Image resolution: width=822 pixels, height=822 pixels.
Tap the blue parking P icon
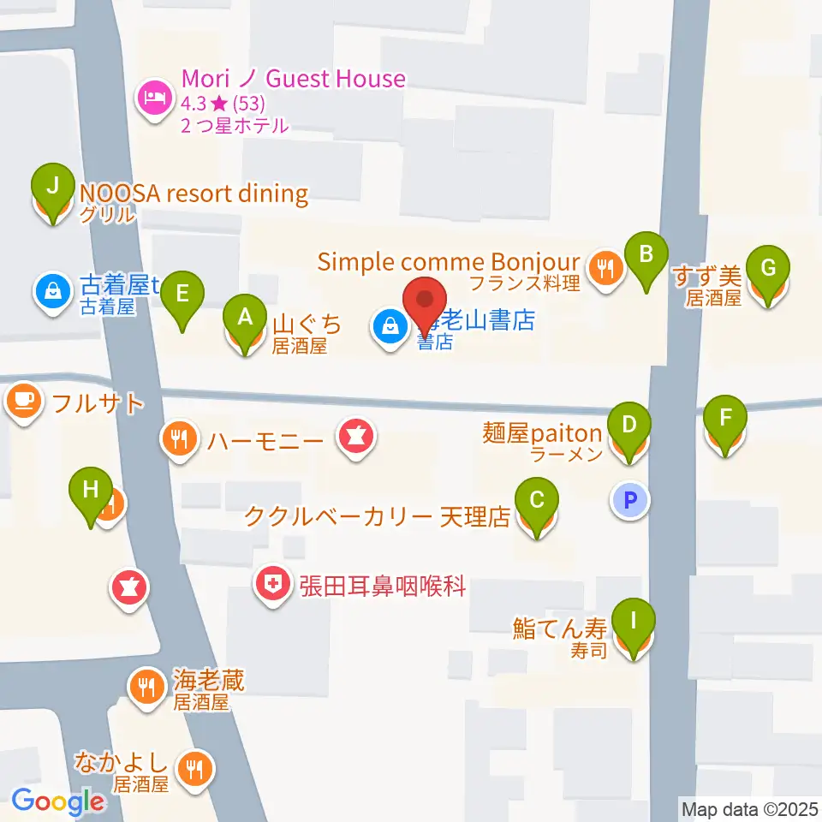tap(631, 501)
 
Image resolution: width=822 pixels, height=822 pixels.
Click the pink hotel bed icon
tap(154, 98)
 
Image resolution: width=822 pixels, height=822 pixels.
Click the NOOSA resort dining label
tap(194, 194)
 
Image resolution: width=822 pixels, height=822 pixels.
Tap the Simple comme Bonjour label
tap(448, 261)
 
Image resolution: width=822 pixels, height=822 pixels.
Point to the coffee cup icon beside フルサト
tap(25, 401)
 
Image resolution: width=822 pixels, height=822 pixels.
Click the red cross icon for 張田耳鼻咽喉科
tap(273, 586)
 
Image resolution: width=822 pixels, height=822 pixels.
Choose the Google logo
tap(57, 801)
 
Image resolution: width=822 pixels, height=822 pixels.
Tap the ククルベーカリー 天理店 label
tap(377, 516)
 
